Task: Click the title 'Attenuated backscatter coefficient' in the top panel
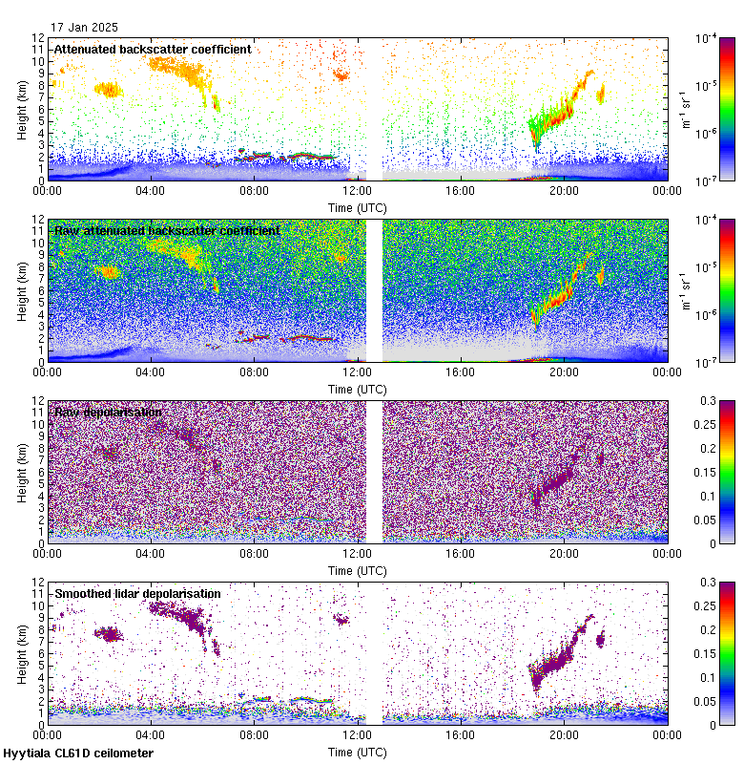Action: tap(153, 49)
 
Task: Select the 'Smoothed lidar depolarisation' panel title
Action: tap(137, 593)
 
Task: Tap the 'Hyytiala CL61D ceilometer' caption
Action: tap(78, 753)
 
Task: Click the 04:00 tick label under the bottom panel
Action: tap(151, 735)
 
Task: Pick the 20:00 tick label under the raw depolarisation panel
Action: tap(564, 554)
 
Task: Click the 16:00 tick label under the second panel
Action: tap(461, 372)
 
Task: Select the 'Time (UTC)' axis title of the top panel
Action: tap(358, 206)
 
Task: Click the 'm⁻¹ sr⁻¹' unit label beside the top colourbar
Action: tap(685, 109)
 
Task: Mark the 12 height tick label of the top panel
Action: tap(38, 38)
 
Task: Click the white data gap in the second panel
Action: tap(374, 286)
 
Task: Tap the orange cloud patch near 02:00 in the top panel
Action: tap(109, 90)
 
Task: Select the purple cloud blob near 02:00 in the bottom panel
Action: tap(110, 633)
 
